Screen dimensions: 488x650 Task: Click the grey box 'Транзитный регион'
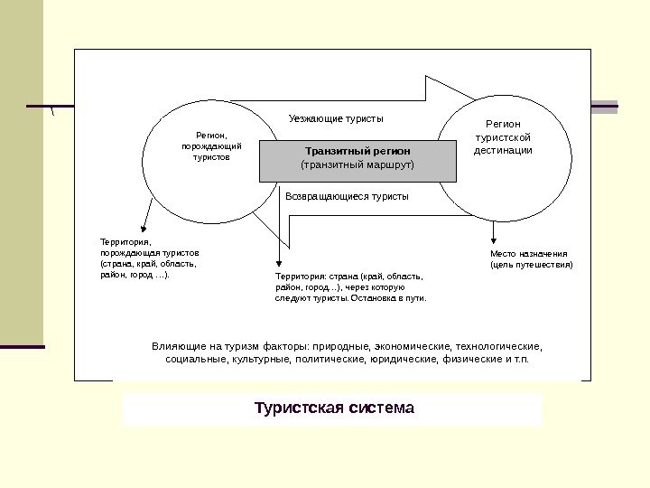[357, 160]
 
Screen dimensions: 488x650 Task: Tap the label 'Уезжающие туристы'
[336, 118]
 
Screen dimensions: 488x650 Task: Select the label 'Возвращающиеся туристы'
[347, 196]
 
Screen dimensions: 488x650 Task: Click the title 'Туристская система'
[334, 408]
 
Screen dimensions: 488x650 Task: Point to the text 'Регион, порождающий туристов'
[211, 145]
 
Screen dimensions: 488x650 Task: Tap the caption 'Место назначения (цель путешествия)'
[531, 259]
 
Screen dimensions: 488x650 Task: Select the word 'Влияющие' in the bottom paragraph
[177, 345]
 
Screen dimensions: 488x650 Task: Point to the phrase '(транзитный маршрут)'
[357, 166]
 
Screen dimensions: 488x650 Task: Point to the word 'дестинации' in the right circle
[503, 150]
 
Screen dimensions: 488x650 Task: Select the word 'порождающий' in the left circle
[211, 145]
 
